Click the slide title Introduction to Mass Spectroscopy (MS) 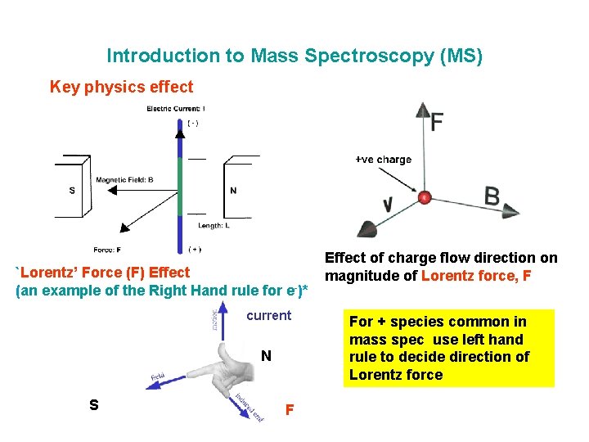[x=294, y=56]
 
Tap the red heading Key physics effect [x=122, y=87]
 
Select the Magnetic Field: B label [x=124, y=180]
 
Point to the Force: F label [x=109, y=250]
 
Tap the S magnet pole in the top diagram [x=72, y=191]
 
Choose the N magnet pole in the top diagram [x=234, y=191]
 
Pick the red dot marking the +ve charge [x=425, y=197]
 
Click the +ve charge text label [x=383, y=160]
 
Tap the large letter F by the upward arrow [x=438, y=123]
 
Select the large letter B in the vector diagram [x=492, y=196]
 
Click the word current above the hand [x=268, y=315]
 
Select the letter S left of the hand [x=94, y=404]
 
